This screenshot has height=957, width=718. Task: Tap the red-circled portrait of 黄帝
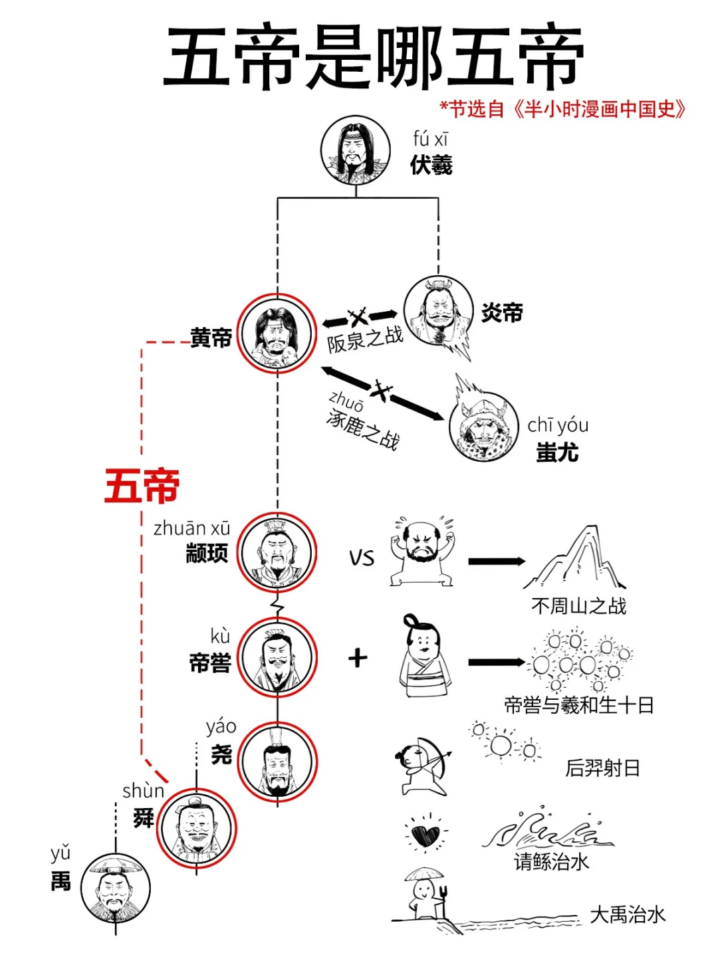point(277,334)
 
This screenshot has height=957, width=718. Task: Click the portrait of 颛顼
point(277,552)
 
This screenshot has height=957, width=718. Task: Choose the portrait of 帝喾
point(277,657)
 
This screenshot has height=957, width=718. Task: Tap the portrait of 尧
point(277,762)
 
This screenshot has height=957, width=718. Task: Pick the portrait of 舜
point(196,829)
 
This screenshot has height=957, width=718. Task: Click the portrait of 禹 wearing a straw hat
point(116,889)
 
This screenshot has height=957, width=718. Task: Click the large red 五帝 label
point(142,486)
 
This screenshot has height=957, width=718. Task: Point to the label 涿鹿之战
point(363,429)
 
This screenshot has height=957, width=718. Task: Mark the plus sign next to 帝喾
point(358,658)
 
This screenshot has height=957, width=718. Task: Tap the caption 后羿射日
point(602,768)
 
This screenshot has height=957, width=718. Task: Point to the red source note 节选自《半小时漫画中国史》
point(562,109)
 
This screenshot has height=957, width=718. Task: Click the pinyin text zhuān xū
point(191,528)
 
